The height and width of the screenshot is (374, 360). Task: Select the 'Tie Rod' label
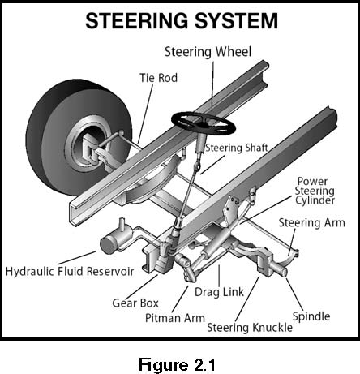coord(159,78)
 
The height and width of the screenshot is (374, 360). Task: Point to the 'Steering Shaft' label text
coord(237,148)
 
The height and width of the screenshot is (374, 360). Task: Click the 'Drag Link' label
coord(219,292)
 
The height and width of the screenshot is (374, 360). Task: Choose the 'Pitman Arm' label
coord(175,318)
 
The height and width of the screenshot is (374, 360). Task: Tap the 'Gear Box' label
coord(135,303)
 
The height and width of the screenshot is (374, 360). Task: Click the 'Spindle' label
coord(311,316)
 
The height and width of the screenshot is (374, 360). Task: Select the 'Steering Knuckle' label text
coord(250,328)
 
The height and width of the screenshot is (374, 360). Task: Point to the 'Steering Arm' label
coord(311,223)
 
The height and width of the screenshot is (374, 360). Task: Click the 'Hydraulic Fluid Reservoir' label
coord(70,271)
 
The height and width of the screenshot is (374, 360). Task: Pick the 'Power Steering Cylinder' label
coord(315,191)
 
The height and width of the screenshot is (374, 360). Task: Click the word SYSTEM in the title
coord(236,21)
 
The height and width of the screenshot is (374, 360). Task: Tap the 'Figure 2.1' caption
coord(177,364)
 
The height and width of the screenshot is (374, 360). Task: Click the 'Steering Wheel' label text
coord(208,52)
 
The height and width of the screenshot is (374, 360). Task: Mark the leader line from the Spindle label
coord(294,294)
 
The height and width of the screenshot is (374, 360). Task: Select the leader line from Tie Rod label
coord(145,114)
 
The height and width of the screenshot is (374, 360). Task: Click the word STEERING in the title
coord(137,21)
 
